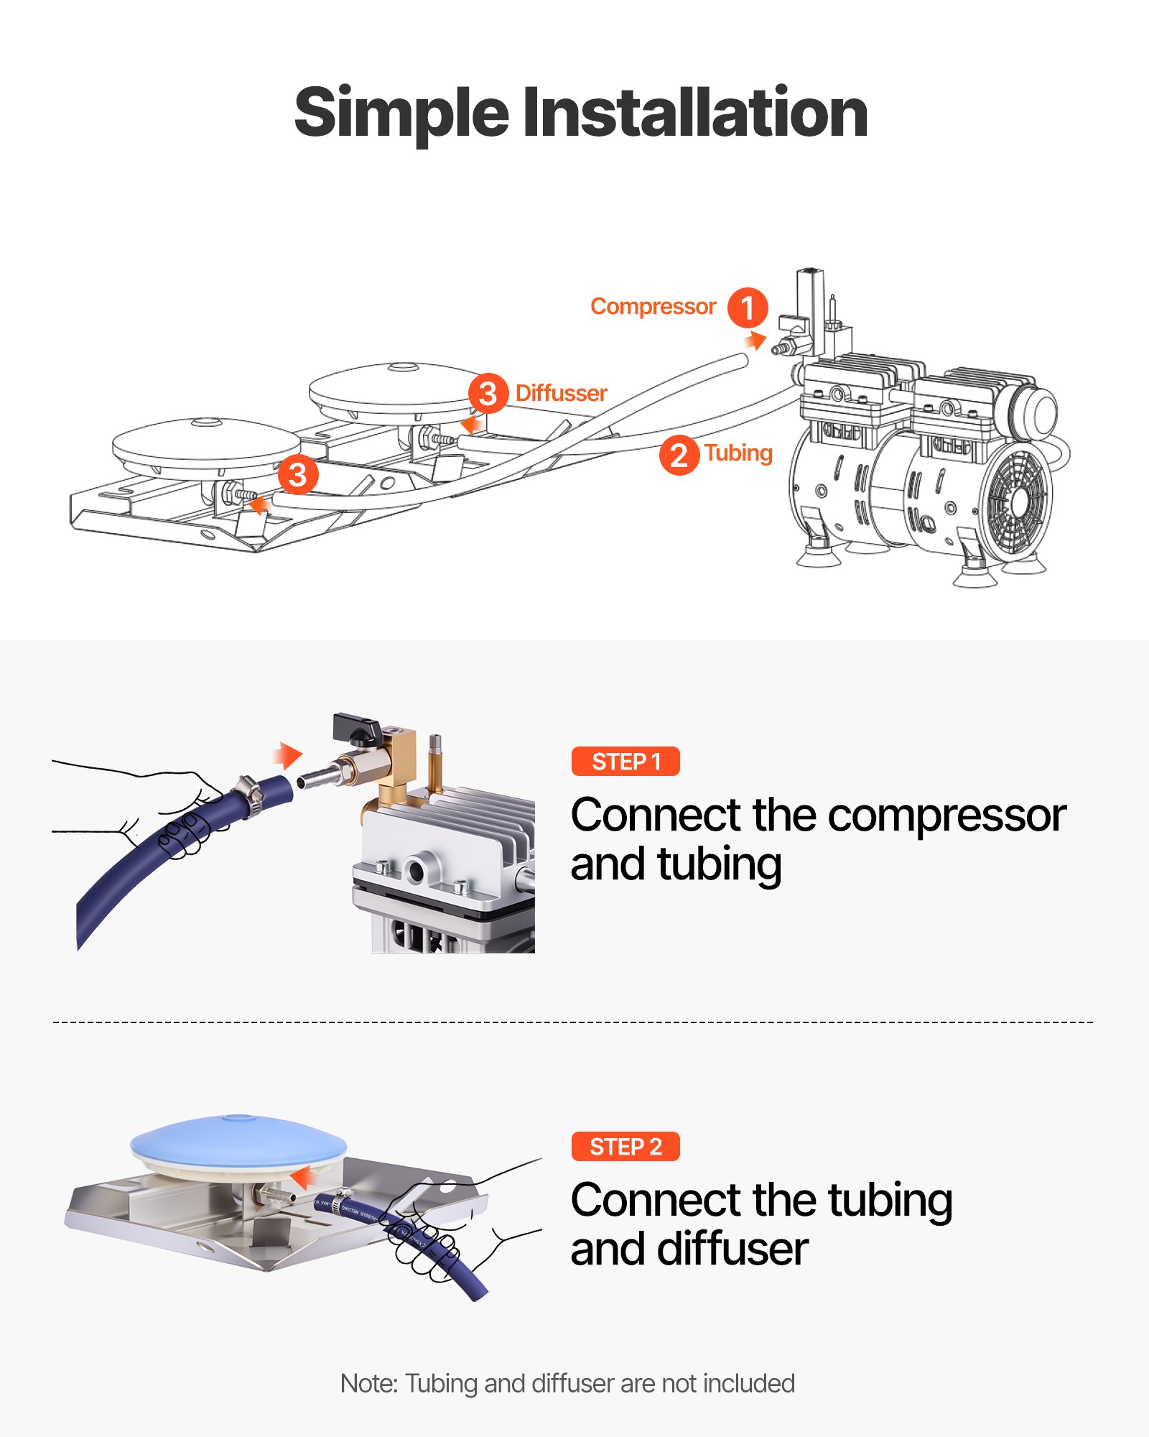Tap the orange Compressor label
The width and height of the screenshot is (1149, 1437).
point(652,307)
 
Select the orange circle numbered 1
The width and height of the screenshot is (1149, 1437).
point(747,308)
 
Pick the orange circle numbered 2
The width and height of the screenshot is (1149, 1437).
point(679,456)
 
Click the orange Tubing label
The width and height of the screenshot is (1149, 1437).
point(738,453)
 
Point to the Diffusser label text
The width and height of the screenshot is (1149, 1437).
point(561,393)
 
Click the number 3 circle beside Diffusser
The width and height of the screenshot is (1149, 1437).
point(488,393)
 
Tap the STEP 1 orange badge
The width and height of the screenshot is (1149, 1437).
point(625,761)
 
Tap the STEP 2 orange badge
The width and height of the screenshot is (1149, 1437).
point(625,1146)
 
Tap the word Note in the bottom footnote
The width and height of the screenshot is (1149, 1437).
point(368,1383)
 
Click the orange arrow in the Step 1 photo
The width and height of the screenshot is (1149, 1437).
point(288,755)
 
